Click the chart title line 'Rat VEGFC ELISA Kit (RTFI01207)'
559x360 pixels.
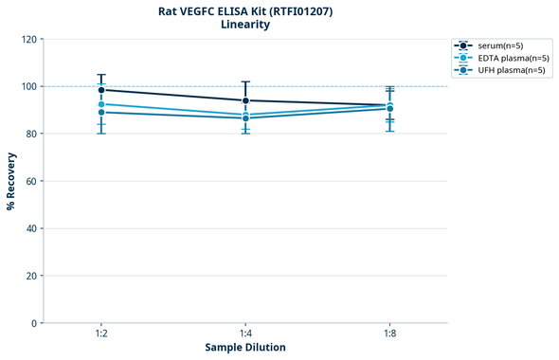pyautogui.click(x=245, y=11)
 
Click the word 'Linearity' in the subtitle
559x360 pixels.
pyautogui.click(x=245, y=25)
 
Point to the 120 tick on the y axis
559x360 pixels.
pyautogui.click(x=27, y=40)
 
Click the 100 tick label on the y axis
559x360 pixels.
pyautogui.click(x=27, y=87)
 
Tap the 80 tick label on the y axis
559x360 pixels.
pyautogui.click(x=30, y=135)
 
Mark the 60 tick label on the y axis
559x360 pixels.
pyautogui.click(x=30, y=182)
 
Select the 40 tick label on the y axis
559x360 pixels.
pyautogui.click(x=30, y=229)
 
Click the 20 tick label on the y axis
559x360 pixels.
pyautogui.click(x=30, y=277)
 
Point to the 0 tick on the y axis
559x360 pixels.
pyautogui.click(x=33, y=324)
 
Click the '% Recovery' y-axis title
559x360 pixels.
pyautogui.click(x=11, y=181)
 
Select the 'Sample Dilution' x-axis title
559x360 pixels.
pyautogui.click(x=245, y=348)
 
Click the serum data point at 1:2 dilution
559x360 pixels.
pyautogui.click(x=101, y=90)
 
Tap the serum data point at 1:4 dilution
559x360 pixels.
pyautogui.click(x=245, y=100)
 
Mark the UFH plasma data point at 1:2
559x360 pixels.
pyautogui.click(x=101, y=113)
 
